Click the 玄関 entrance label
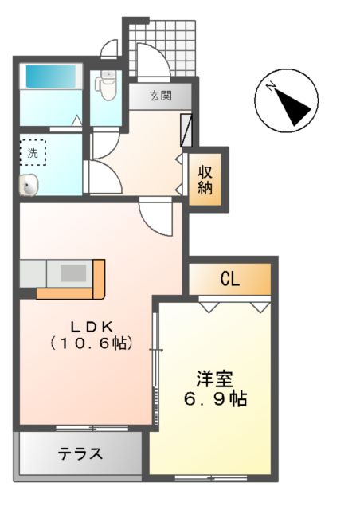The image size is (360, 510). pos(161,96)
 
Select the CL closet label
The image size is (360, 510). pos(230,280)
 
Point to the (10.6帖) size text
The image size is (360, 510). pos(91,343)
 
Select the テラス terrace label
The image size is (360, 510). pos(80,454)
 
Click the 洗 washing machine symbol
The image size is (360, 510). pos(33,151)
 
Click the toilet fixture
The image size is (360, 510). pos(106,82)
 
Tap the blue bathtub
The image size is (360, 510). pos(49,77)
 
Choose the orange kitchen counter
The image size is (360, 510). pos(97,280)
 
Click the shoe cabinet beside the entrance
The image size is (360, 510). pos(187,131)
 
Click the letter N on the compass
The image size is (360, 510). pos(272,85)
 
